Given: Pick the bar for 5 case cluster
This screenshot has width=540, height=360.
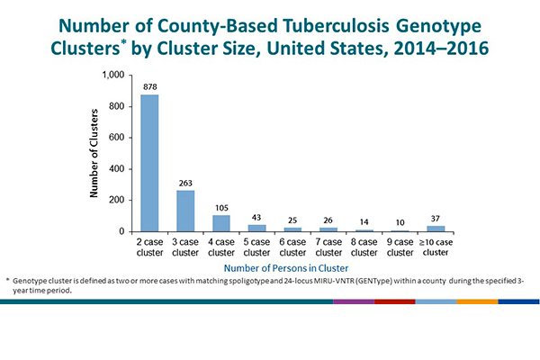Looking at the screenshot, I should (257, 228).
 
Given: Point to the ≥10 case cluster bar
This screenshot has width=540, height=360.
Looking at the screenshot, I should (436, 229).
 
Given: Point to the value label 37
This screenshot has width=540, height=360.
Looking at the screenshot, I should (436, 218).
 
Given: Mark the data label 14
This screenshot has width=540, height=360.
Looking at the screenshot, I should (365, 221).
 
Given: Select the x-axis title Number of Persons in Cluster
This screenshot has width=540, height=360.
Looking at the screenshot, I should (285, 267).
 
